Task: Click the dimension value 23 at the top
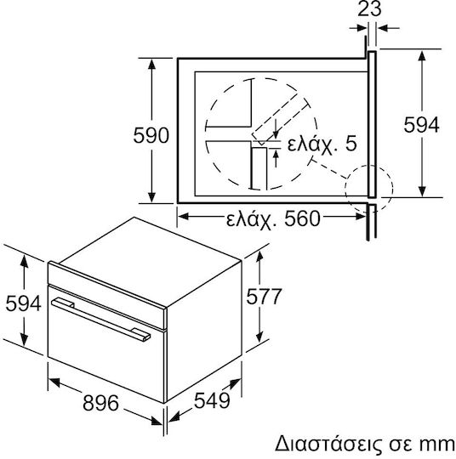[369, 9]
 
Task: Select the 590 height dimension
[151, 135]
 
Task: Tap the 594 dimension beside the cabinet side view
[421, 125]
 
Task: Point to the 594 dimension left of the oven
[23, 303]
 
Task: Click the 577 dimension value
[264, 297]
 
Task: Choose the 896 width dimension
[100, 403]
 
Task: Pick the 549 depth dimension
[212, 400]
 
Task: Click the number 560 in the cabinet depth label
[302, 219]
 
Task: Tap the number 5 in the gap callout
[351, 144]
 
